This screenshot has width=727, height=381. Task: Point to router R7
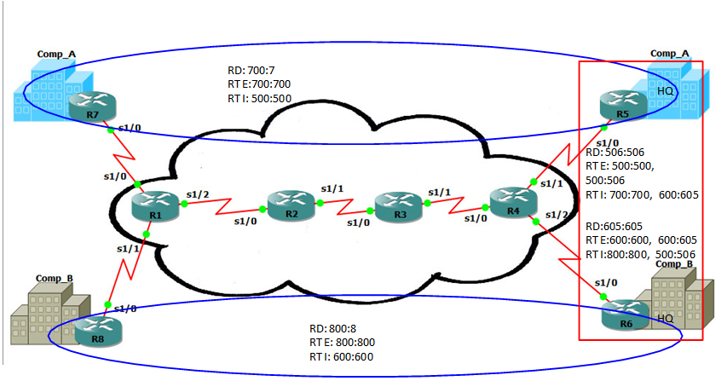(91, 107)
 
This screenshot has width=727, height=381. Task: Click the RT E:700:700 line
(258, 85)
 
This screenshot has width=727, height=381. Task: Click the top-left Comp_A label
(56, 54)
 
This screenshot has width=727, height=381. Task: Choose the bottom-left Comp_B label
(55, 279)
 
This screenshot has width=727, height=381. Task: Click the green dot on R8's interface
(107, 303)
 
